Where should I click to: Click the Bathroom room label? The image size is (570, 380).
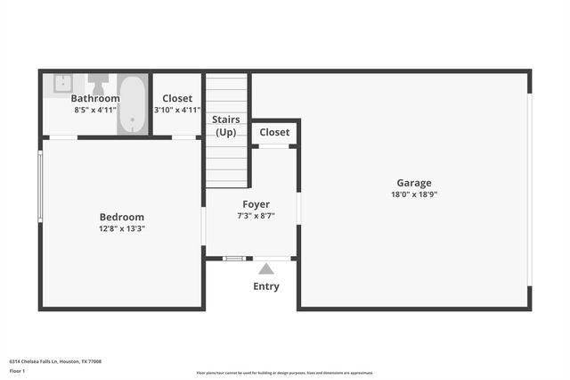coord(95,98)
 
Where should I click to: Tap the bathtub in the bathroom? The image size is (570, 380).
coord(133,105)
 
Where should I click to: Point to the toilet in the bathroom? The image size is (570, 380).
coord(98,81)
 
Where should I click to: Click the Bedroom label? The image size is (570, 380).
coord(121,217)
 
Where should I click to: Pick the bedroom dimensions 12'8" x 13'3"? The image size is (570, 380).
coord(121,228)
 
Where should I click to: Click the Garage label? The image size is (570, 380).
coord(414,183)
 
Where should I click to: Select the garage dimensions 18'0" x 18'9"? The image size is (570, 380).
coord(414,194)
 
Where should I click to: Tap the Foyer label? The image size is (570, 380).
coord(256,204)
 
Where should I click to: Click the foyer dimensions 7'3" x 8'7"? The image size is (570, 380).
coord(256,216)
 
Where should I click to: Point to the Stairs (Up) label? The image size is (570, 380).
coord(226,126)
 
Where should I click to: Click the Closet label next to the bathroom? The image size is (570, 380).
coord(177,98)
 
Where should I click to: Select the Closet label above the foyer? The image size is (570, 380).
coord(274,132)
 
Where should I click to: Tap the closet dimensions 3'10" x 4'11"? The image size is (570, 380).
coord(177,110)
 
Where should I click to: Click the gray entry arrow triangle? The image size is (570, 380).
coord(265,268)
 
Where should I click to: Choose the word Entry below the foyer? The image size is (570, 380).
coord(265,286)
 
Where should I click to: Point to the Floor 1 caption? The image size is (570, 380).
coord(17,370)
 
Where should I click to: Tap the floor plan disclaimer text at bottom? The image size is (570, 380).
coord(284,373)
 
